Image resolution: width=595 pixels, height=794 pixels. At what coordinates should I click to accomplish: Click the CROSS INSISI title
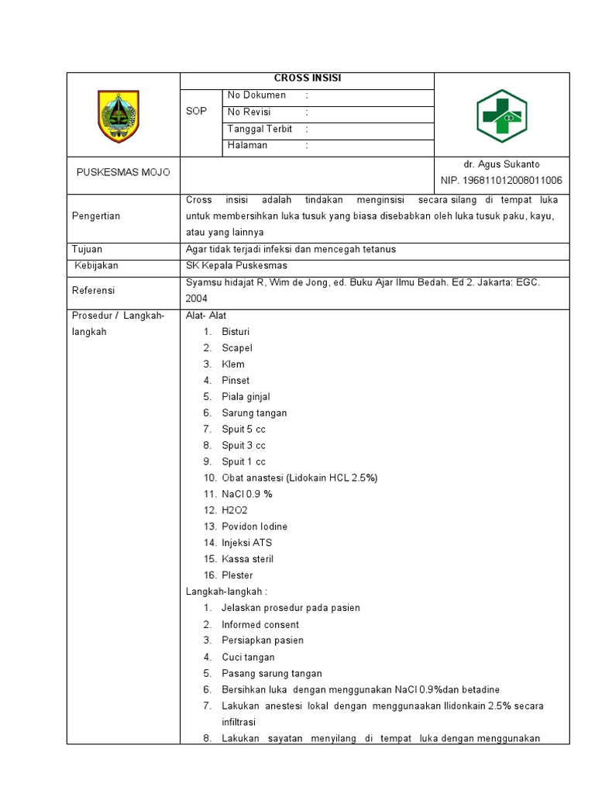coord(308,78)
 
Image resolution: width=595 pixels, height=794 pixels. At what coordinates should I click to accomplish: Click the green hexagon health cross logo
coord(500,116)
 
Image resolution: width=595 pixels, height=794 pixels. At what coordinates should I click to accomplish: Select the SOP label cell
coord(197,112)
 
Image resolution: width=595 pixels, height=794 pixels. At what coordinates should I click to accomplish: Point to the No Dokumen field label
coord(256,95)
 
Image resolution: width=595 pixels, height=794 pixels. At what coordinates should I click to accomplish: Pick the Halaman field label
coord(247,145)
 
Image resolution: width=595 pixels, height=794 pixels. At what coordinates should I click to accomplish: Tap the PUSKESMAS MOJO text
coord(123,172)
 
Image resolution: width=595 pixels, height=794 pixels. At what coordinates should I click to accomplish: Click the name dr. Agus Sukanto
coord(501,164)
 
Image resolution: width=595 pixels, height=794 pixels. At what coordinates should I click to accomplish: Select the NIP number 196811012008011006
coord(501,181)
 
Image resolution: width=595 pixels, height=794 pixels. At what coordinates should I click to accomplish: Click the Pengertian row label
coord(96,216)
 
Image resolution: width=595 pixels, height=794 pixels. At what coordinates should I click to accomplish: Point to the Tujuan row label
coord(88,250)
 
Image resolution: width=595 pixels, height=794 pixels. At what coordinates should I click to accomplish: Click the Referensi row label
coord(94,291)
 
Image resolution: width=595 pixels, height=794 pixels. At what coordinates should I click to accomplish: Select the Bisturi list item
coord(236,332)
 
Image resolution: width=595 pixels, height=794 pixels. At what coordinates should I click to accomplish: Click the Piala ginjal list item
coord(246,397)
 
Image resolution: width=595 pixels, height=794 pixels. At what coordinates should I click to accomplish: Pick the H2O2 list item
coord(235,510)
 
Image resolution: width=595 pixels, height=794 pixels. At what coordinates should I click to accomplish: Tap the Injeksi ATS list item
coord(246,543)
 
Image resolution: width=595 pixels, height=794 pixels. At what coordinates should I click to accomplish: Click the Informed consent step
coord(260,624)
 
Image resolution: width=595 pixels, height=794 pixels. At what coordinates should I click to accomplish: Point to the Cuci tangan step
coord(247,657)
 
